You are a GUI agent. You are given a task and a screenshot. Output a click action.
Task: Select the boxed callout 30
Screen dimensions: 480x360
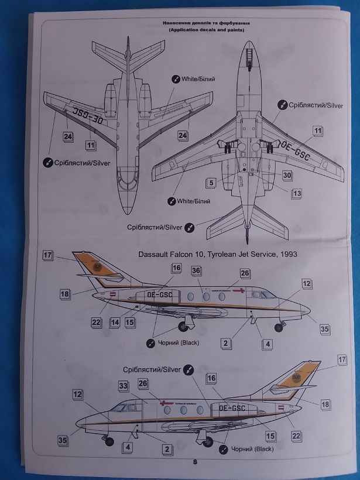coord(287,174)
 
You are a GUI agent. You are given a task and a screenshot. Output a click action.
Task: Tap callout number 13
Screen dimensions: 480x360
coord(297,193)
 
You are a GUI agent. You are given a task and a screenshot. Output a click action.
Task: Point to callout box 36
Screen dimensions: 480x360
coord(196,270)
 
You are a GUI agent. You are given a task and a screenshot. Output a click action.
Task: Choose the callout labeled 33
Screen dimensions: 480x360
coord(124,386)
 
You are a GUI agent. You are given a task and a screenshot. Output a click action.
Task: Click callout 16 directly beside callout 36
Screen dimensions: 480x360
coord(176,268)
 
